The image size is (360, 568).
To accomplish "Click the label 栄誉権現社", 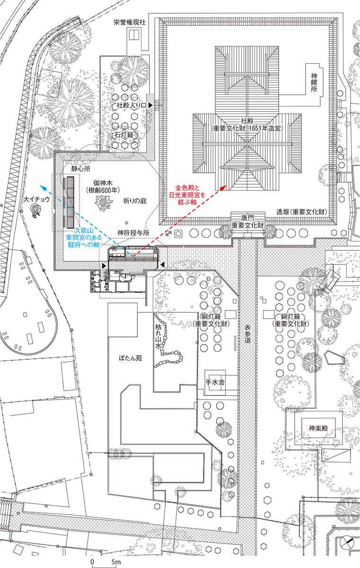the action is pos(130,22).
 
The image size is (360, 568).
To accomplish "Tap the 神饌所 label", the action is pos(314,83).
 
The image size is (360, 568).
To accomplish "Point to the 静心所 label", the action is pos(80,169).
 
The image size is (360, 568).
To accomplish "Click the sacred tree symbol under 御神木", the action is pos(102,204).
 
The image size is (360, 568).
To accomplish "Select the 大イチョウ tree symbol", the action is pos(35,211).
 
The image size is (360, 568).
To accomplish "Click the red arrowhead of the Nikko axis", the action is pos(223,187).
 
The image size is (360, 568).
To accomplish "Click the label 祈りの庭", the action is pos(135,201).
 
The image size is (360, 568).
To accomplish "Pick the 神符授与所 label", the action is pos(133,233).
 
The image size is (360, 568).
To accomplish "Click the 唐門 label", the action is pos(248,218).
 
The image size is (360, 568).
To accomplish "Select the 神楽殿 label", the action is pos(318,428).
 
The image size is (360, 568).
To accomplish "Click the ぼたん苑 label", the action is pos(131,358).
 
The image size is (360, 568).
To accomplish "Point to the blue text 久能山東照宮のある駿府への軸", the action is pos(84,237).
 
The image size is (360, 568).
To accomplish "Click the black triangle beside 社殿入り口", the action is pos(151,105).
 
